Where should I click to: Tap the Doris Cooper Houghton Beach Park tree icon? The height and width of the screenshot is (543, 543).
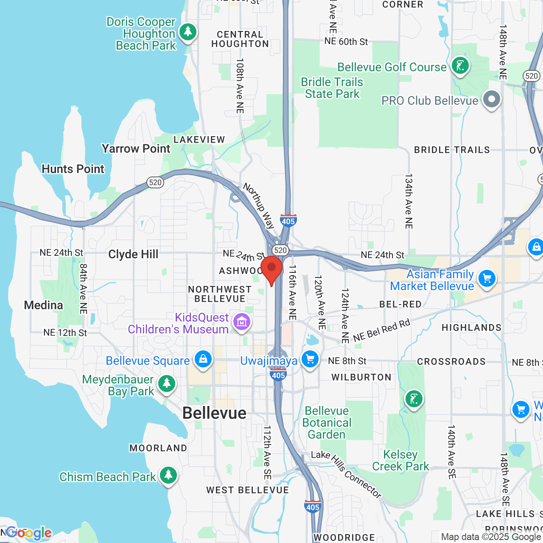coord(188,32)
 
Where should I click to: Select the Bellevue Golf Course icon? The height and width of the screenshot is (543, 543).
coord(460,66)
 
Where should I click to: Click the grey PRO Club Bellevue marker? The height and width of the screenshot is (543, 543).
coord(492,100)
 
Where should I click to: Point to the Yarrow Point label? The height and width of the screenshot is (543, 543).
coord(136,149)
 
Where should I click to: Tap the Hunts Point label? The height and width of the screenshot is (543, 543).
coord(73,169)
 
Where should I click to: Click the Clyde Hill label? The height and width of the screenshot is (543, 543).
coord(133,255)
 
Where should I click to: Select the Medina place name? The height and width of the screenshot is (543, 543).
coord(43,305)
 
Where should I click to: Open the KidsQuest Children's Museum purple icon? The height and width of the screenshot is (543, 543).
coord(242,322)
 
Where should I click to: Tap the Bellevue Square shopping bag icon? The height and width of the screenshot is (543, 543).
coord(203,359)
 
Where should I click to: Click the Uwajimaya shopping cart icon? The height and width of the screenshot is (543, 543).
coord(310,359)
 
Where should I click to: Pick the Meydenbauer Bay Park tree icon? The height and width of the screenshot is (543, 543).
coord(166,384)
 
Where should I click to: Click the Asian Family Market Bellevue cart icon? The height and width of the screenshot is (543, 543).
coord(487,279)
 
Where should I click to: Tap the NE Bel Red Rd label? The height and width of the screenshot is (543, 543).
coord(382,330)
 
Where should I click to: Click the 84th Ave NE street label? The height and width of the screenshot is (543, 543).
coord(84,289)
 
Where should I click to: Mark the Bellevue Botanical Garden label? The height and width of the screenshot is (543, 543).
coord(327,423)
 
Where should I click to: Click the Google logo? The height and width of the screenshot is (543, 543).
coord(29,533)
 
